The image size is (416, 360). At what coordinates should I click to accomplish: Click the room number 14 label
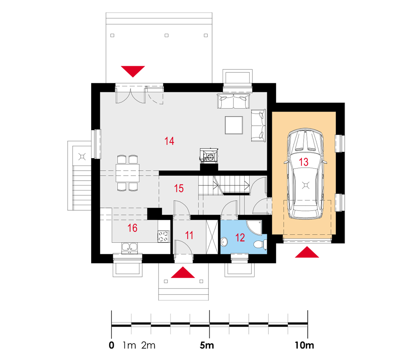point(169,141)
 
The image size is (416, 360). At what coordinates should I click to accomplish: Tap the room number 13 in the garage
point(304,162)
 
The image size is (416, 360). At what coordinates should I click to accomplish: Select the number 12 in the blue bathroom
point(240,237)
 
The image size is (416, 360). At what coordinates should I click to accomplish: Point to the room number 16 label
point(132,228)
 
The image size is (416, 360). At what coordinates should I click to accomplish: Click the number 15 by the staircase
point(179,189)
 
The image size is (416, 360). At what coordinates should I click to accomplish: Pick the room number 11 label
point(189,235)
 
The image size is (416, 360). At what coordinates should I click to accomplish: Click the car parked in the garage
point(305,174)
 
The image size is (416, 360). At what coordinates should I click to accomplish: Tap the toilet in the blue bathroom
point(260,244)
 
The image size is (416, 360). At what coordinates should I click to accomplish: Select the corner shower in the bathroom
point(254,228)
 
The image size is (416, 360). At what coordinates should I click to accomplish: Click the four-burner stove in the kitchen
point(163,236)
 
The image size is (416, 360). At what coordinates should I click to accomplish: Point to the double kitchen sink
point(130,248)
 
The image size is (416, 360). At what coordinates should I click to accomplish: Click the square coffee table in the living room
point(234,125)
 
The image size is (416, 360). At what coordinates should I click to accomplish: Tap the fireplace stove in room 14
point(209,155)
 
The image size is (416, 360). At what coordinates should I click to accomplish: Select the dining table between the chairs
point(128,173)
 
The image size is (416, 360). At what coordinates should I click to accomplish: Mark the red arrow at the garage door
point(307,252)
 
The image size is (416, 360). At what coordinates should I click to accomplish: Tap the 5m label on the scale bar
point(207,345)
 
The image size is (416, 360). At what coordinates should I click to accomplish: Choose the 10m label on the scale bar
point(305,345)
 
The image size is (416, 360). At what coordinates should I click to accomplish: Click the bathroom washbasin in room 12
point(224,242)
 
